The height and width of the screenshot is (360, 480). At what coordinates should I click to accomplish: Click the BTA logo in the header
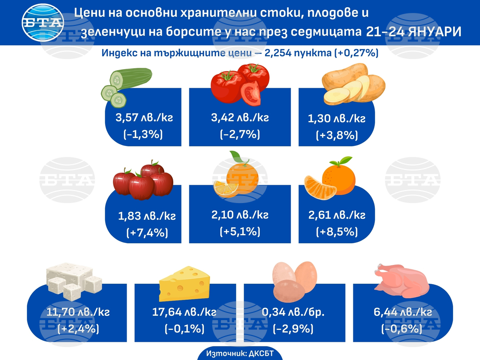click(43, 23)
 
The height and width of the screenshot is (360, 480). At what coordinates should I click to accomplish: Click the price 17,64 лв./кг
click(184, 312)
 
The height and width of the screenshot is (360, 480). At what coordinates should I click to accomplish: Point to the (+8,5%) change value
click(336, 231)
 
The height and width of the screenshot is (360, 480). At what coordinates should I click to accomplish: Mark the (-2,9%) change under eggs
click(293, 329)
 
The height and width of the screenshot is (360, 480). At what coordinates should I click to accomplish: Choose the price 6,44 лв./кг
click(402, 312)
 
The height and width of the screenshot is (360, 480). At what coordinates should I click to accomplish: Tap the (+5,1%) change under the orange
click(240, 231)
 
